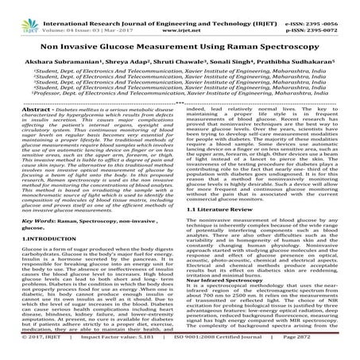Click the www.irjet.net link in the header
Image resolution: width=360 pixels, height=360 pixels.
pyautogui.click(x=183, y=15)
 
